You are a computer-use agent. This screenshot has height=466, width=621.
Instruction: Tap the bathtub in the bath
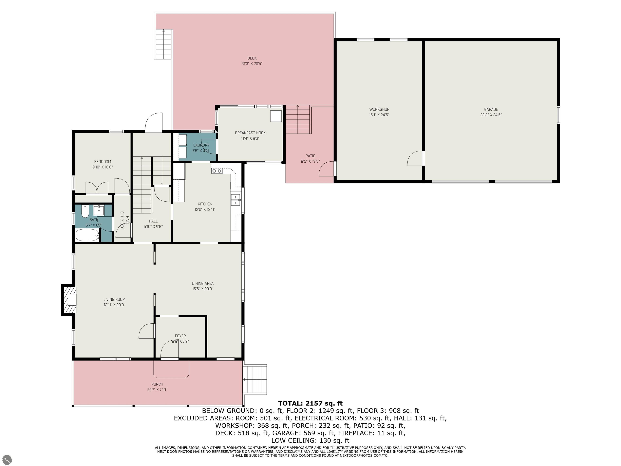pos(87,235)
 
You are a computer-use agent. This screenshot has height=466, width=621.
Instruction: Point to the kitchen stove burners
pos(217,171)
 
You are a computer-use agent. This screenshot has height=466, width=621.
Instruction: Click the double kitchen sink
pos(235,200)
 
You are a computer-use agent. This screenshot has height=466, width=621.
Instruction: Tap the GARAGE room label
pos(491,110)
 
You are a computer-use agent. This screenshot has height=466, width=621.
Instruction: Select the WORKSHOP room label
pos(379,110)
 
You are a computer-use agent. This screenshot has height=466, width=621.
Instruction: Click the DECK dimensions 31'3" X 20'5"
pos(252,64)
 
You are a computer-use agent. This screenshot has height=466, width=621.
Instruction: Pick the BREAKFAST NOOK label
pos(250,133)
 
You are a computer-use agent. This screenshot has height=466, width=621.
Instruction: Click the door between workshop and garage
pos(415,158)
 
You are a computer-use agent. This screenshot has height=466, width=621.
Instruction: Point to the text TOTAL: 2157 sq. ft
pos(310,403)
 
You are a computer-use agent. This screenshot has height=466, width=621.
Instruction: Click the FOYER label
pos(180,336)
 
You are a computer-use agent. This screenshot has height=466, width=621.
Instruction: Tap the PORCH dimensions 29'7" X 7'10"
pos(157,390)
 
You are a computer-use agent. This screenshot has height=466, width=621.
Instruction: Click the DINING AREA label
pos(203,283)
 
